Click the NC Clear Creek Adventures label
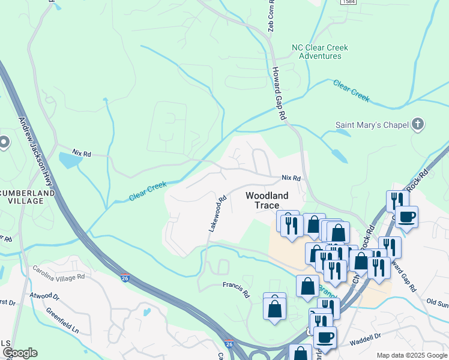click(319, 52)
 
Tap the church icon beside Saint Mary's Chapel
click(418, 125)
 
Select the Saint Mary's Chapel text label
click(372, 125)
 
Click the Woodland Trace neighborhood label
click(267, 200)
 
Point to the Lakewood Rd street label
click(217, 214)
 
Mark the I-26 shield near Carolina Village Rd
click(125, 278)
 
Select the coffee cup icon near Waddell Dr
click(325, 338)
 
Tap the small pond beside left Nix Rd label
click(70, 160)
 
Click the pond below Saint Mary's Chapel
click(338, 155)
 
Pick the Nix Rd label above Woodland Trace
click(291, 178)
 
